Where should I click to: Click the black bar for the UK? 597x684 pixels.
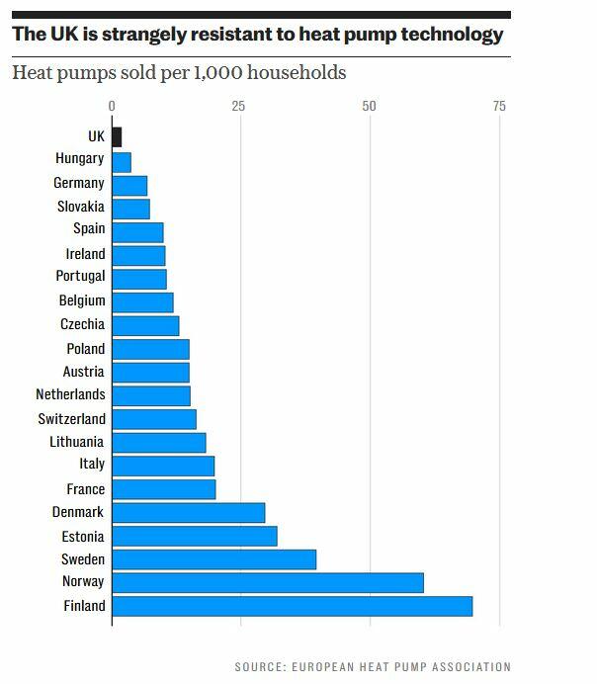coord(117,136)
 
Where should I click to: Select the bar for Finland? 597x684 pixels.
coord(292,606)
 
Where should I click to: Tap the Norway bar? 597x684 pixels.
coord(267,582)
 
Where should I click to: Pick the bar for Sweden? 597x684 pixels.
coord(213,559)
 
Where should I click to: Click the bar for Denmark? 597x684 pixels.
coord(188,512)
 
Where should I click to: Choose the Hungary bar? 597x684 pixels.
coord(122,160)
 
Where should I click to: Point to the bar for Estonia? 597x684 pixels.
coord(194,536)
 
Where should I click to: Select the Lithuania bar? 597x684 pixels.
coord(158,442)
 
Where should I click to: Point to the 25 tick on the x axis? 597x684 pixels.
coord(238,107)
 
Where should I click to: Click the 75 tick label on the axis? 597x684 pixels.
coord(498,107)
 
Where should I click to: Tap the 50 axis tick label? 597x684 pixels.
coord(370,107)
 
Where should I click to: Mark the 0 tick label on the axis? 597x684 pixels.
coord(112,107)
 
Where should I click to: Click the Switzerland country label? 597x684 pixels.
coord(71,418)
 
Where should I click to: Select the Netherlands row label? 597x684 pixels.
coord(71,394)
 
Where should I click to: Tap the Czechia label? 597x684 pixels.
coord(82,324)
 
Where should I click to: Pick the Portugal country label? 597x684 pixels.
coord(80,277)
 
